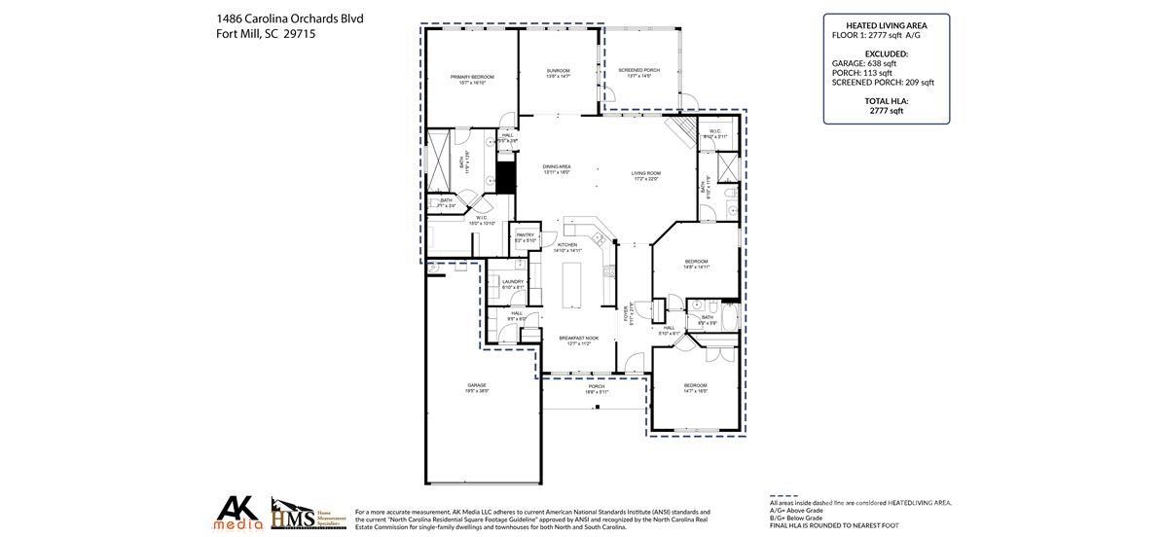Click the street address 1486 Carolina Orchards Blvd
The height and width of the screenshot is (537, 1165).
click(289, 18)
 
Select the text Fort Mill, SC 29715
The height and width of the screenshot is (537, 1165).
click(266, 34)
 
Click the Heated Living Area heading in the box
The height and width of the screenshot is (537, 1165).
click(886, 25)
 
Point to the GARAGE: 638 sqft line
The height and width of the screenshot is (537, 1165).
click(864, 63)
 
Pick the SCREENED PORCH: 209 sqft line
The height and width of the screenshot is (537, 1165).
click(883, 83)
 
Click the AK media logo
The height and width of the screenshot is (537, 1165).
click(238, 513)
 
